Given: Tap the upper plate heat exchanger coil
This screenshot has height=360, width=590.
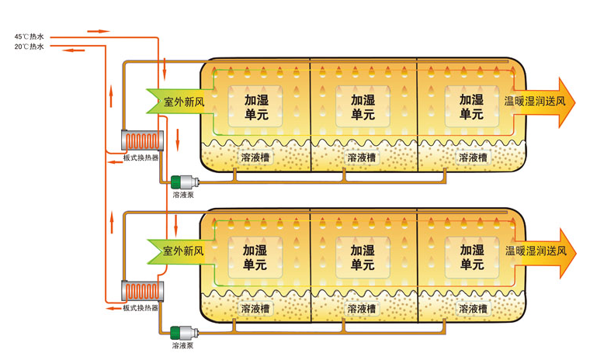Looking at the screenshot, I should [x=141, y=140].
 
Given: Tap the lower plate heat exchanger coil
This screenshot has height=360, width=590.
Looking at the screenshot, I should [x=141, y=290].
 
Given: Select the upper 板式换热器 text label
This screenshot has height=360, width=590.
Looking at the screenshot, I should [x=141, y=157].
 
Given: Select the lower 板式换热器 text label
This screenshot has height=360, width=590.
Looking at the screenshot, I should [x=141, y=307].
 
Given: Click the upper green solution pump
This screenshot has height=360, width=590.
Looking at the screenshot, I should [x=184, y=182].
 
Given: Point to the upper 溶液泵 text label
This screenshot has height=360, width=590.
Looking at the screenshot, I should [x=183, y=195].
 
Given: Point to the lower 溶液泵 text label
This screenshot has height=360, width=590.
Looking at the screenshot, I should [x=183, y=345].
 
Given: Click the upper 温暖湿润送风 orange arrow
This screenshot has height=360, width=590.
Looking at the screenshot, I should [x=539, y=101].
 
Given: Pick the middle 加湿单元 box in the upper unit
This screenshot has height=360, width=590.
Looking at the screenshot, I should [x=363, y=107].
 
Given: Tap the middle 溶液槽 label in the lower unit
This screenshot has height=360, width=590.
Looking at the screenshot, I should [x=362, y=308].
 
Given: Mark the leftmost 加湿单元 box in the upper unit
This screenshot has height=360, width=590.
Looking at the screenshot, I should [x=255, y=107].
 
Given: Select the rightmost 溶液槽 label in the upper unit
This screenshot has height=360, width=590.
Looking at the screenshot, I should [x=472, y=157].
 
